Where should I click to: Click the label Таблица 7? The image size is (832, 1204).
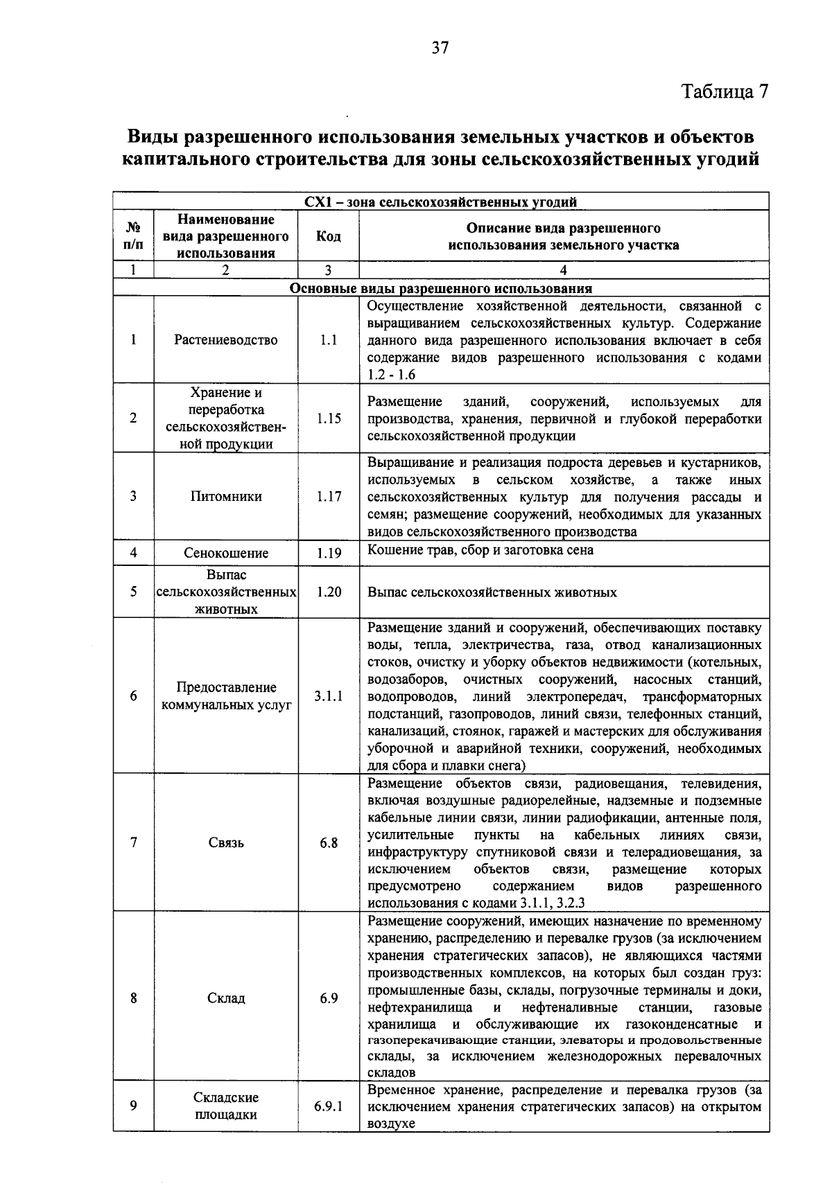pyautogui.click(x=725, y=92)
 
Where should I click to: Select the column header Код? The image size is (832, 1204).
pyautogui.click(x=328, y=236)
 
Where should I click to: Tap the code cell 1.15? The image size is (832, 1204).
pyautogui.click(x=329, y=418)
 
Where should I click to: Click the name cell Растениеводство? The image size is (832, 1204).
pyautogui.click(x=226, y=340)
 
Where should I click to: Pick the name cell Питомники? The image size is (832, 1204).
pyautogui.click(x=226, y=497)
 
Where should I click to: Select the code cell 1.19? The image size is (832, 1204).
pyautogui.click(x=329, y=553)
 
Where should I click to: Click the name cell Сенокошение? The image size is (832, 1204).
pyautogui.click(x=226, y=553)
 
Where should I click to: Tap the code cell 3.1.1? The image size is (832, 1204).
pyautogui.click(x=329, y=696)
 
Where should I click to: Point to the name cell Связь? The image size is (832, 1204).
pyautogui.click(x=226, y=843)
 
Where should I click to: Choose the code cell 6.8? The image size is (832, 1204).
pyautogui.click(x=329, y=843)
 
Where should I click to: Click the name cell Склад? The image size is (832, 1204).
pyautogui.click(x=226, y=998)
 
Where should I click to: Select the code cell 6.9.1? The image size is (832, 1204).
pyautogui.click(x=329, y=1106)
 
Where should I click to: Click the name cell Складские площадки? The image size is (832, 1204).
pyautogui.click(x=226, y=1106)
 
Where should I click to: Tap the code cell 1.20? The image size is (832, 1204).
pyautogui.click(x=329, y=592)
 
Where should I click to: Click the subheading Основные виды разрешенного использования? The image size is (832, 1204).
pyautogui.click(x=441, y=288)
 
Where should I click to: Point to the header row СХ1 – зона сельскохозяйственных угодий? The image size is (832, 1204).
pyautogui.click(x=441, y=202)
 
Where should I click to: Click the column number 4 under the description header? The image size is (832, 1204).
pyautogui.click(x=563, y=270)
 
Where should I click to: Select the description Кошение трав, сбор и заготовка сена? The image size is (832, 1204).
pyautogui.click(x=480, y=550)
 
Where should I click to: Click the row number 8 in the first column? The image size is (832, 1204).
pyautogui.click(x=133, y=998)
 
